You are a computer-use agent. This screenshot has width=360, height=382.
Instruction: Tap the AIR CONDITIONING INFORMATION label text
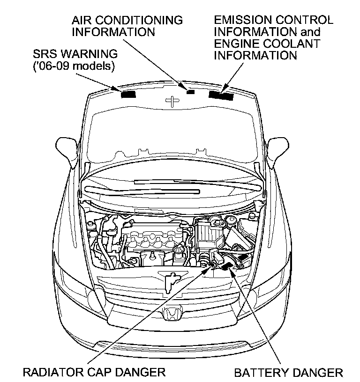(126, 26)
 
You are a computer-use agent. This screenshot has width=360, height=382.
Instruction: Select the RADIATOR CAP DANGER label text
(94, 372)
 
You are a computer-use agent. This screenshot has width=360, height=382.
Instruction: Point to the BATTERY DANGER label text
(288, 373)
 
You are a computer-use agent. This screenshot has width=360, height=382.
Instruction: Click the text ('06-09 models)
(74, 66)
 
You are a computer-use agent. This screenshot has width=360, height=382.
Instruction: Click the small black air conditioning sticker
(190, 92)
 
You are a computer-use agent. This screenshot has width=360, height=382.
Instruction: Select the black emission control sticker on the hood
(221, 95)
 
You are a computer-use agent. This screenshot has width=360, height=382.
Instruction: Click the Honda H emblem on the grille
(172, 314)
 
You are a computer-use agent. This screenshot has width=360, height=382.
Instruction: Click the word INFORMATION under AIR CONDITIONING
(113, 32)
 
